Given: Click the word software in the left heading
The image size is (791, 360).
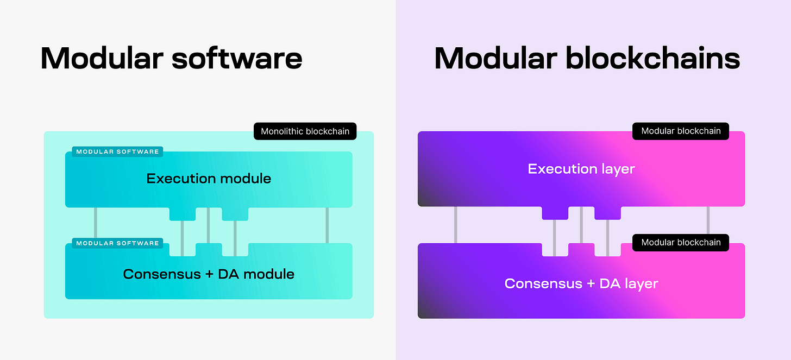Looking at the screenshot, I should (x=237, y=58).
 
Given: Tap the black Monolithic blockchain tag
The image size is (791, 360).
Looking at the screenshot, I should (x=305, y=131).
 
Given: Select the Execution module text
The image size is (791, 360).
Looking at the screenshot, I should (x=209, y=179).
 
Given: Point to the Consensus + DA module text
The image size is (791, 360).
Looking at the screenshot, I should (x=209, y=274).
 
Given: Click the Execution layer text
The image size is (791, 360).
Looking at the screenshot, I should (x=581, y=169).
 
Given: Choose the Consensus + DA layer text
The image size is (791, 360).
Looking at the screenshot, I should (x=581, y=283).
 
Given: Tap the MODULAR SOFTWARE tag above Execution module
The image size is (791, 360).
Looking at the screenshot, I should (x=117, y=152).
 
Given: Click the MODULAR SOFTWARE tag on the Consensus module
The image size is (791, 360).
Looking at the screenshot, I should (x=117, y=243).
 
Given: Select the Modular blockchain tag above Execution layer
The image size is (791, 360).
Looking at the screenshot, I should (x=681, y=131).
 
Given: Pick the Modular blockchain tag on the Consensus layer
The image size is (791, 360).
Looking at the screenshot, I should (x=681, y=243).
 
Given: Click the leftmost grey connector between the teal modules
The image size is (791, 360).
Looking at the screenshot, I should (x=96, y=225).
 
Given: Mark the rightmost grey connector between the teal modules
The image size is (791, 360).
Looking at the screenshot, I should (x=327, y=225).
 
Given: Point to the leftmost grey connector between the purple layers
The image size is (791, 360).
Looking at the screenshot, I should (x=455, y=225).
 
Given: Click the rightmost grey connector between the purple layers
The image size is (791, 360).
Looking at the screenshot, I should (x=708, y=225).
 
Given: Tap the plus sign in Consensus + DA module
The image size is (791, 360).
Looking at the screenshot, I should (x=209, y=274).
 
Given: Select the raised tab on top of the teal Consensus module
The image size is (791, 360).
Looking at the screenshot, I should (x=209, y=249).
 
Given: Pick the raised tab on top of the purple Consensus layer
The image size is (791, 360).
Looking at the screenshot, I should (x=581, y=249).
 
